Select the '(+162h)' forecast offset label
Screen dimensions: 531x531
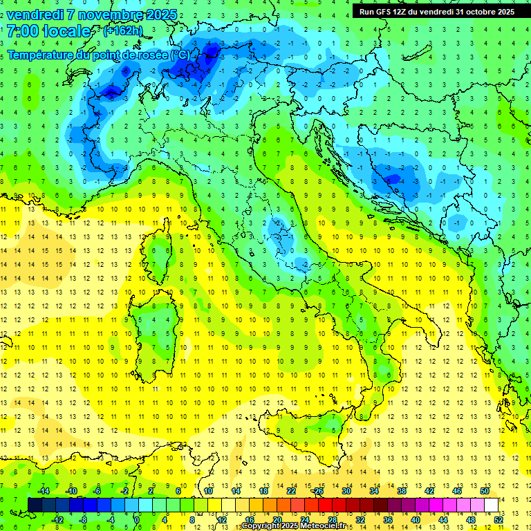[x=122, y=31]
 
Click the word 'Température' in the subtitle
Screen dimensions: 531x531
[x=39, y=55]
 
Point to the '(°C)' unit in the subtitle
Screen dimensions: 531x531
[x=180, y=55]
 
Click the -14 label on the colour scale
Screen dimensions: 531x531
[x=43, y=491]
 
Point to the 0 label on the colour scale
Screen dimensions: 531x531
[x=137, y=520]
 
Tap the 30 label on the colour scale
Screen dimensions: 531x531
[x=346, y=491]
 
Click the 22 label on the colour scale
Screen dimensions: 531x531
[x=291, y=491]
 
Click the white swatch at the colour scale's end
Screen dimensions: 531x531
[x=491, y=505]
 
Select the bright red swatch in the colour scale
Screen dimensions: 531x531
[x=325, y=505]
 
